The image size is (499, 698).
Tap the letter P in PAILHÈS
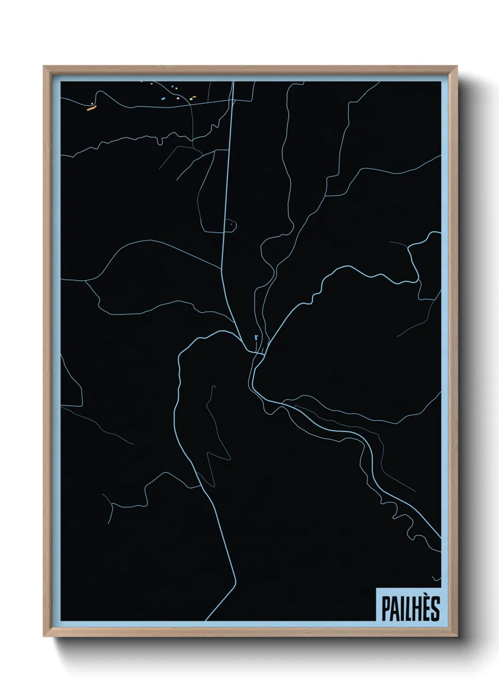(x=383, y=609)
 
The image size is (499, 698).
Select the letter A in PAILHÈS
(x=392, y=609)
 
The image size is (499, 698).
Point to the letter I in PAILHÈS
(x=400, y=609)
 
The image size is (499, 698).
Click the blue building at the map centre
(x=256, y=337)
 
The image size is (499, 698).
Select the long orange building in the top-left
(x=91, y=108)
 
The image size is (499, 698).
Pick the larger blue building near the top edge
(x=163, y=99)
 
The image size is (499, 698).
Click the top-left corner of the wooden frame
(x=45, y=67)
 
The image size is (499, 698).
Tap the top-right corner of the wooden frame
(x=457, y=67)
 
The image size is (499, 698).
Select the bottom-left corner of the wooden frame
(x=45, y=636)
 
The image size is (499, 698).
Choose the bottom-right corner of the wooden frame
(x=457, y=636)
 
